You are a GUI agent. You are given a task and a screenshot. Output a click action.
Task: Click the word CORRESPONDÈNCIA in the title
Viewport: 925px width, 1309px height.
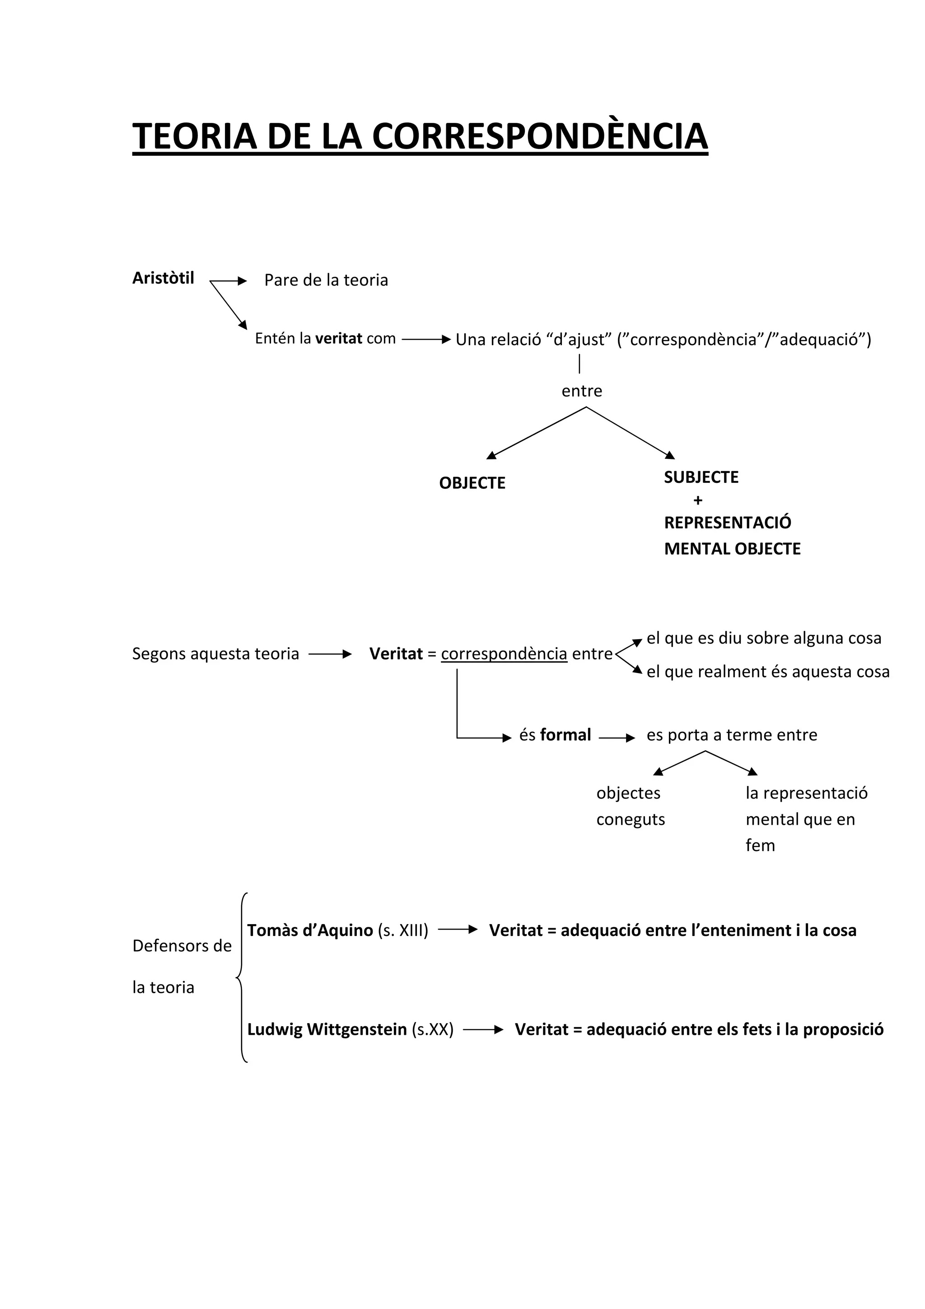point(540,137)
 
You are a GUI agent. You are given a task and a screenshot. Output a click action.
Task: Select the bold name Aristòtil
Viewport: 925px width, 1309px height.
point(163,278)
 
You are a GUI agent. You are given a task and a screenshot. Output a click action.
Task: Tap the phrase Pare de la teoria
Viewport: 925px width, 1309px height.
point(326,280)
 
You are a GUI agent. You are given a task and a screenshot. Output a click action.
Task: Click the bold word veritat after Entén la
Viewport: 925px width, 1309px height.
point(339,339)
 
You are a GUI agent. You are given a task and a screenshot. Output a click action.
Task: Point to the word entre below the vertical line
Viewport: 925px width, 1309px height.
point(581,391)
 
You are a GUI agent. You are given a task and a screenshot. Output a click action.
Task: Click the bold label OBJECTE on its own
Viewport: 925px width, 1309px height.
point(472,483)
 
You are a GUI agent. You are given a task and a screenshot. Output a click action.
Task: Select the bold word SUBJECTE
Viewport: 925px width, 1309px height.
point(701,477)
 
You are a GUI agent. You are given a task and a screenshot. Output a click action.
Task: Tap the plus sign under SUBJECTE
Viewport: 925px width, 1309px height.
point(698,500)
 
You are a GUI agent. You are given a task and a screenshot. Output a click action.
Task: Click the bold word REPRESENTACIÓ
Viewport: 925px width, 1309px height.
point(727,523)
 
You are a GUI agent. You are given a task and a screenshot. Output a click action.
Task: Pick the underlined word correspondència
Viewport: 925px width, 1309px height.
point(504,654)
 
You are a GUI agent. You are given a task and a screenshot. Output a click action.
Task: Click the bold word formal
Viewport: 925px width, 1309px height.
point(565,735)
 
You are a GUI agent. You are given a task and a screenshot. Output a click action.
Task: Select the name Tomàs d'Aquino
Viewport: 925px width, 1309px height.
point(309,930)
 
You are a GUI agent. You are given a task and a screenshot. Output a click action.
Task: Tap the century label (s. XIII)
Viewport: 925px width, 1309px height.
point(402,930)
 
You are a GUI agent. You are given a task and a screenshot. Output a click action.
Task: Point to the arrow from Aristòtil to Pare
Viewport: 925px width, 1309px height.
point(228,281)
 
